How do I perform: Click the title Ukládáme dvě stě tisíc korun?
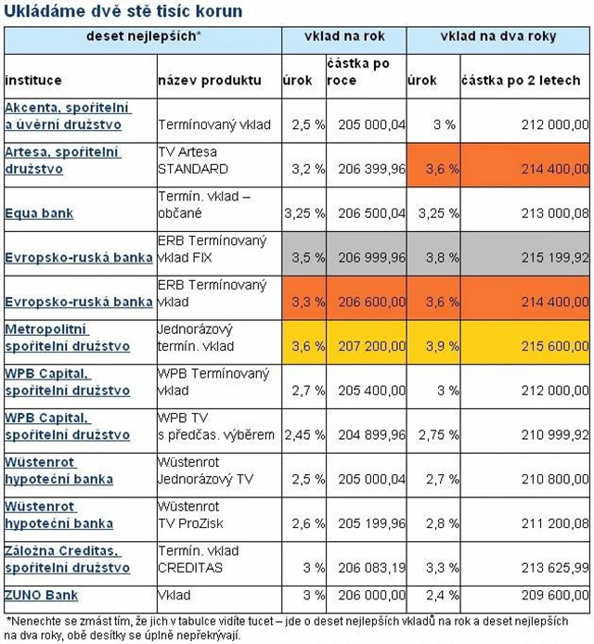point(124,12)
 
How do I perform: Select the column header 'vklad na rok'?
point(343,36)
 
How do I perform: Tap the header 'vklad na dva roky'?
point(498,36)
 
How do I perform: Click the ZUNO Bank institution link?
point(42,595)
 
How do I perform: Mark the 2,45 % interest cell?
point(305,435)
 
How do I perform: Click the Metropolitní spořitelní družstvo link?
point(68,338)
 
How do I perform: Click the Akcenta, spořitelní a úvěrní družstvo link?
point(68,115)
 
